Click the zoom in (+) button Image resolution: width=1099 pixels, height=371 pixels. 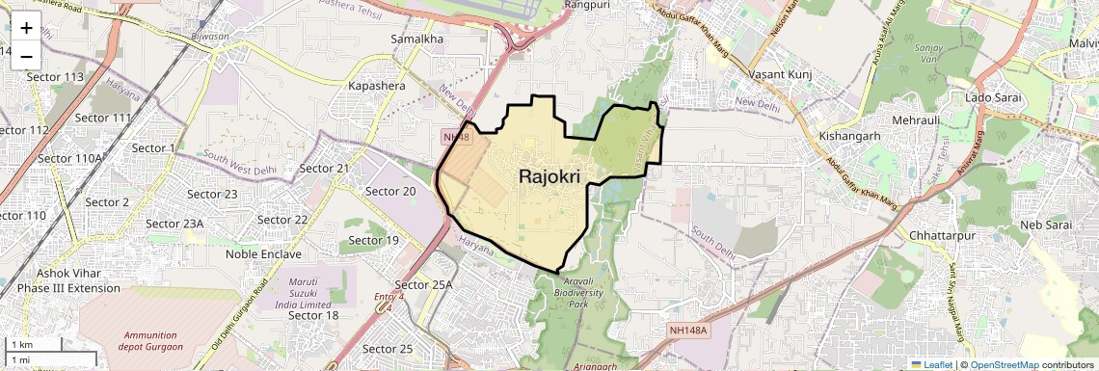tap(26, 28)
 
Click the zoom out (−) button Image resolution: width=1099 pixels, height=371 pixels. tap(26, 56)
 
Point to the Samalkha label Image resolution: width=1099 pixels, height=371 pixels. tap(416, 39)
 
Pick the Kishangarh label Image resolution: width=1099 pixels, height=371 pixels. tap(849, 136)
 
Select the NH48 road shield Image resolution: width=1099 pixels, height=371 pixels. tap(456, 137)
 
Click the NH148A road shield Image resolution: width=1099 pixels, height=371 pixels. tap(687, 331)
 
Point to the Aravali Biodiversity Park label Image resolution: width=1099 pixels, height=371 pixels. tap(578, 291)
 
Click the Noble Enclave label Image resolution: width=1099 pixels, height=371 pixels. tap(263, 254)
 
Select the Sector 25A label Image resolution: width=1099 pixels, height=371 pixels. tap(424, 284)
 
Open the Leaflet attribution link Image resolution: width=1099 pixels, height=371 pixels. tap(931, 364)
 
